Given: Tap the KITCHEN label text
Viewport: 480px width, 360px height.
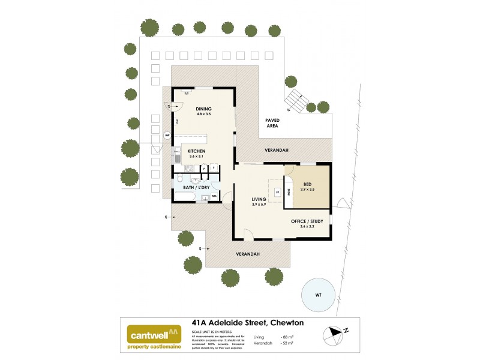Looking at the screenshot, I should coord(197,151).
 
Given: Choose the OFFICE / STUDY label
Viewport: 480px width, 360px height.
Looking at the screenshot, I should coord(307,221).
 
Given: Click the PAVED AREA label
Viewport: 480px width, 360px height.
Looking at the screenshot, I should coord(273,124).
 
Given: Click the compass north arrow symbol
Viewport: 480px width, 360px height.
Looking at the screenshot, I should coord(336,331).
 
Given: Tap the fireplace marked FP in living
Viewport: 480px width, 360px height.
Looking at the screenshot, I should coord(277,192).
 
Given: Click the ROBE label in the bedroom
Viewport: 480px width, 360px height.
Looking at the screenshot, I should coord(289,193).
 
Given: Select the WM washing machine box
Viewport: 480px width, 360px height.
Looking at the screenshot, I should coord(214,196).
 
